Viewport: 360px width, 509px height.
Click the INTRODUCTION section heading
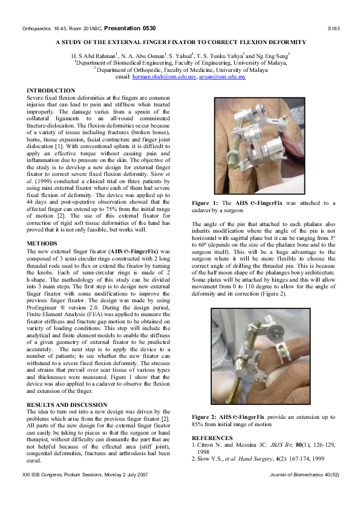[x=51, y=90]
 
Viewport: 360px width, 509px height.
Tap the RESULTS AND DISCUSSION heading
[x=67, y=404]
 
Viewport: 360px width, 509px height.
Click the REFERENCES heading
[x=212, y=437]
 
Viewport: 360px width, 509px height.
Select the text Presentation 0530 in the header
[x=132, y=28]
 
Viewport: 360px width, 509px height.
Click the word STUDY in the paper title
[x=88, y=42]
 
